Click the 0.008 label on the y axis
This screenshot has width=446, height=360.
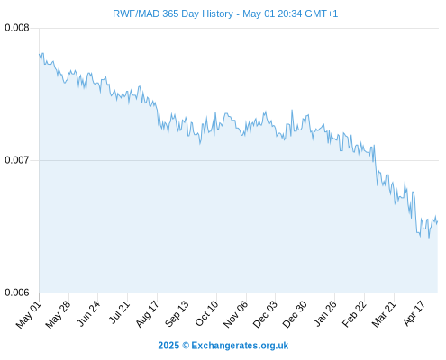(17, 28)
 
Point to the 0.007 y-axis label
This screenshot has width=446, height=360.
(17, 160)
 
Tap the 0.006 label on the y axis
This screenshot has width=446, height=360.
(17, 292)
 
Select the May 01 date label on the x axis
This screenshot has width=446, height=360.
(29, 315)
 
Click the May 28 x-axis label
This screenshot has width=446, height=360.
(59, 315)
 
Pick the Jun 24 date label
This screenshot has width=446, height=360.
(88, 314)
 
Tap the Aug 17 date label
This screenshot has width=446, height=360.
(147, 314)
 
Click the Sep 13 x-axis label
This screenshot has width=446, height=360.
(177, 314)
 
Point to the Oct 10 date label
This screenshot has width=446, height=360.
(206, 314)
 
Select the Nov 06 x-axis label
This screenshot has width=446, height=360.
(235, 314)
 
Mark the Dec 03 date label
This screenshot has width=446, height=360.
(265, 314)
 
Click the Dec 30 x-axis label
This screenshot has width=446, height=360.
(295, 314)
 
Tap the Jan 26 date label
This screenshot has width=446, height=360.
(324, 314)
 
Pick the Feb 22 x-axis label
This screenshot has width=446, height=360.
(354, 314)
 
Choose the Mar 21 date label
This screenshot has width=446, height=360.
(384, 314)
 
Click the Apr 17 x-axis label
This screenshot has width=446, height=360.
(414, 313)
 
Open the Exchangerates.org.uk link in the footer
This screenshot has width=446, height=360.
(240, 346)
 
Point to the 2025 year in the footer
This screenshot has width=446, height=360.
(168, 346)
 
